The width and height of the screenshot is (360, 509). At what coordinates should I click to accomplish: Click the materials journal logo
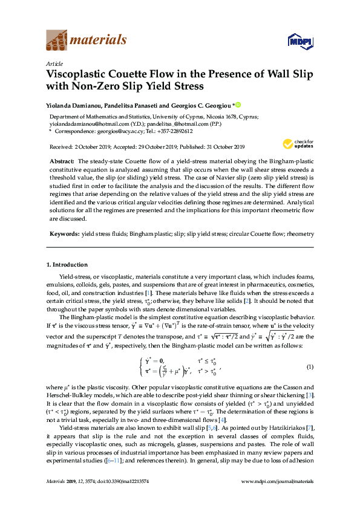87,41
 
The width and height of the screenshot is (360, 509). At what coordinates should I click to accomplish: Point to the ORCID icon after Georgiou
238,105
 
